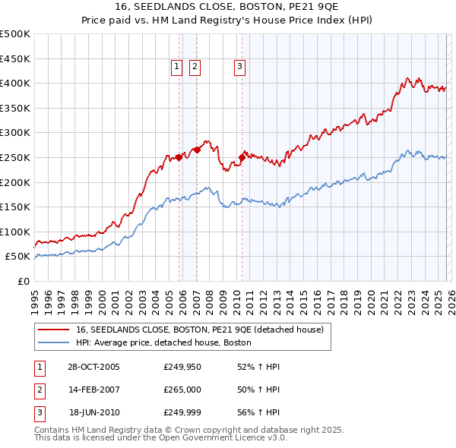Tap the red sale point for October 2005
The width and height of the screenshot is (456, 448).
179,157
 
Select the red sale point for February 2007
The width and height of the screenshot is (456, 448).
197,150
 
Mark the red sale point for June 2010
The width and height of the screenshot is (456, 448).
242,157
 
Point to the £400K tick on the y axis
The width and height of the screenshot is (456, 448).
15,83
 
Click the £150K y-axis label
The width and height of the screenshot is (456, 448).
15,207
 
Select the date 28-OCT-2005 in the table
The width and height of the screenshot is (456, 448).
93,367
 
